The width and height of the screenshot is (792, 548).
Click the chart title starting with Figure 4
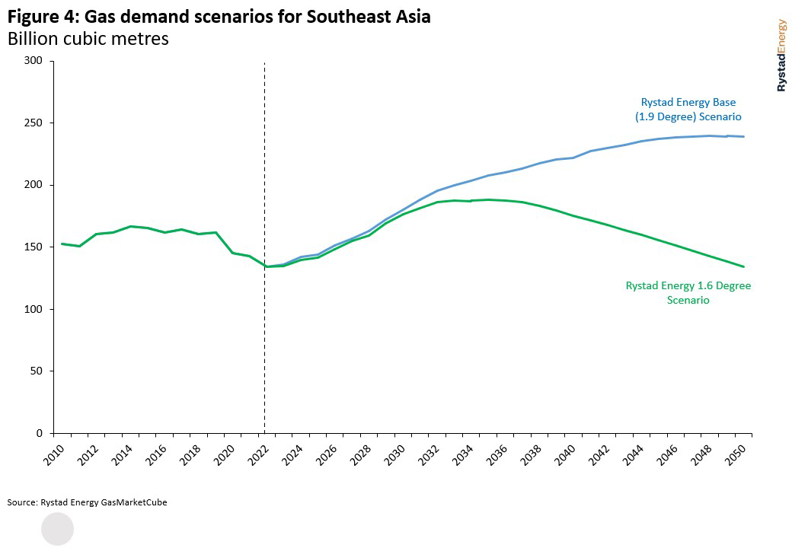(219, 17)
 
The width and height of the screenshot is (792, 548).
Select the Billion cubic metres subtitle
(88, 39)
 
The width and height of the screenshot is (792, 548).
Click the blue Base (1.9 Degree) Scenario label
(688, 110)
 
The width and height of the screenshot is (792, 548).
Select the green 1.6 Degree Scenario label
(688, 293)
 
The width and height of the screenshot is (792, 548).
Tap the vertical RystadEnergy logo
(781, 56)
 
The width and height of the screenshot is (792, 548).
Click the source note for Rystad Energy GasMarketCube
(87, 502)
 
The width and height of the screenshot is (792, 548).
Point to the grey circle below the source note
(57, 529)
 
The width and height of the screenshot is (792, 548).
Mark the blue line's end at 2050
(743, 137)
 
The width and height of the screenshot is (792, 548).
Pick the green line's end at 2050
(743, 266)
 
